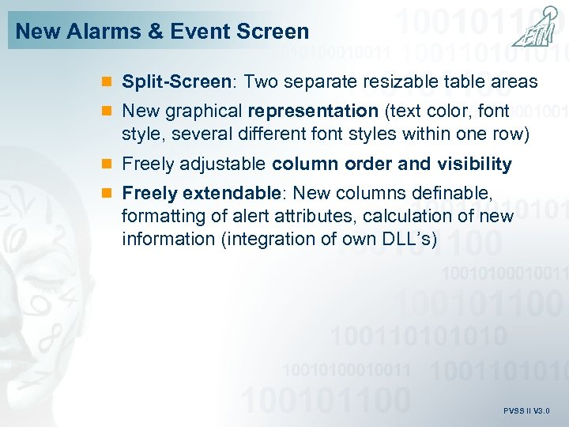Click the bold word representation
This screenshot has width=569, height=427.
pos(313,111)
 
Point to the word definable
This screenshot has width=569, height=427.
pos(454,194)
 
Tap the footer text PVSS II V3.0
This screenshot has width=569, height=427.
pos(526,411)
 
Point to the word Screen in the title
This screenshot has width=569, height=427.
pos(277,32)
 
